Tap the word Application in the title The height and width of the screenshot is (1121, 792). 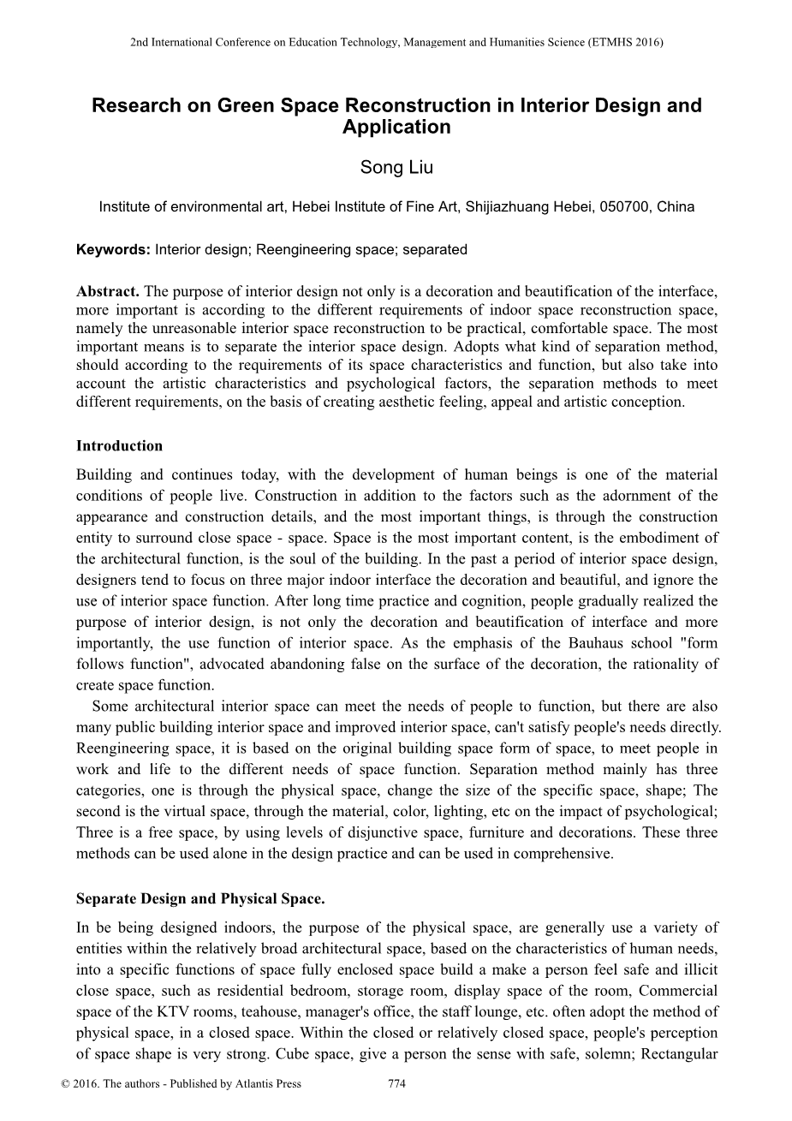coord(396,128)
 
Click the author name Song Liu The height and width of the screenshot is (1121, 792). coord(396,168)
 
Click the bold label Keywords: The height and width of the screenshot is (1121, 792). coord(113,250)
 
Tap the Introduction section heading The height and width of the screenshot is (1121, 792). coord(119,445)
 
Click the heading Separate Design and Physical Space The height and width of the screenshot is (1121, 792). coord(200,899)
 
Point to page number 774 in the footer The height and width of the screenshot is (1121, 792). coord(396,1083)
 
